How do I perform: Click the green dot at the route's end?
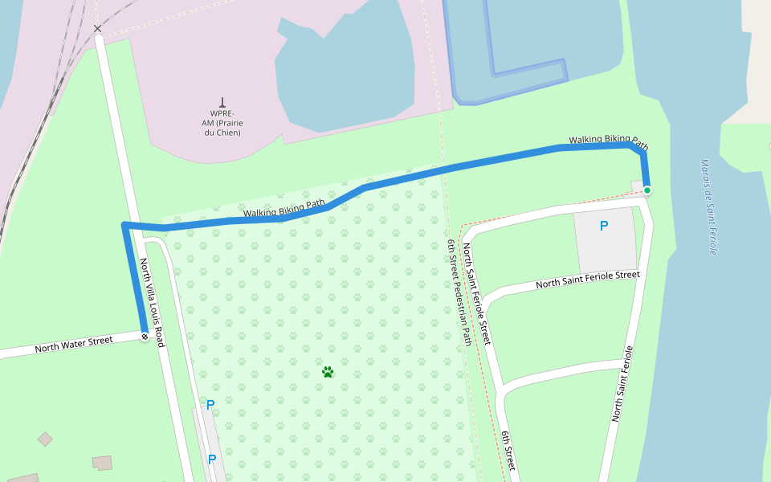pyautogui.click(x=647, y=190)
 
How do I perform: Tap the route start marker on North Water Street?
pyautogui.click(x=145, y=337)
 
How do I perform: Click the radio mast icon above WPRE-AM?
pyautogui.click(x=222, y=103)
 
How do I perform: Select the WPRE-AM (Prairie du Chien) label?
pyautogui.click(x=221, y=123)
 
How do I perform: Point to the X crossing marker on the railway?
pyautogui.click(x=98, y=29)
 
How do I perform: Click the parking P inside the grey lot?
pyautogui.click(x=604, y=227)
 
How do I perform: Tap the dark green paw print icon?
pyautogui.click(x=328, y=372)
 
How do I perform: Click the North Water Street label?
pyautogui.click(x=73, y=345)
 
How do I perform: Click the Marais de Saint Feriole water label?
pyautogui.click(x=708, y=206)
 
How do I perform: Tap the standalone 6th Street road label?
pyautogui.click(x=509, y=451)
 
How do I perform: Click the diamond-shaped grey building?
pyautogui.click(x=45, y=439)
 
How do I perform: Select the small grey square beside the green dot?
pyautogui.click(x=637, y=187)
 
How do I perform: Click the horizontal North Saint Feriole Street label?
pyautogui.click(x=587, y=280)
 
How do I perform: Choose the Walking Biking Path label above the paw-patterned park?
pyautogui.click(x=284, y=208)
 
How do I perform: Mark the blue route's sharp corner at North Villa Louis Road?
pyautogui.click(x=124, y=225)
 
